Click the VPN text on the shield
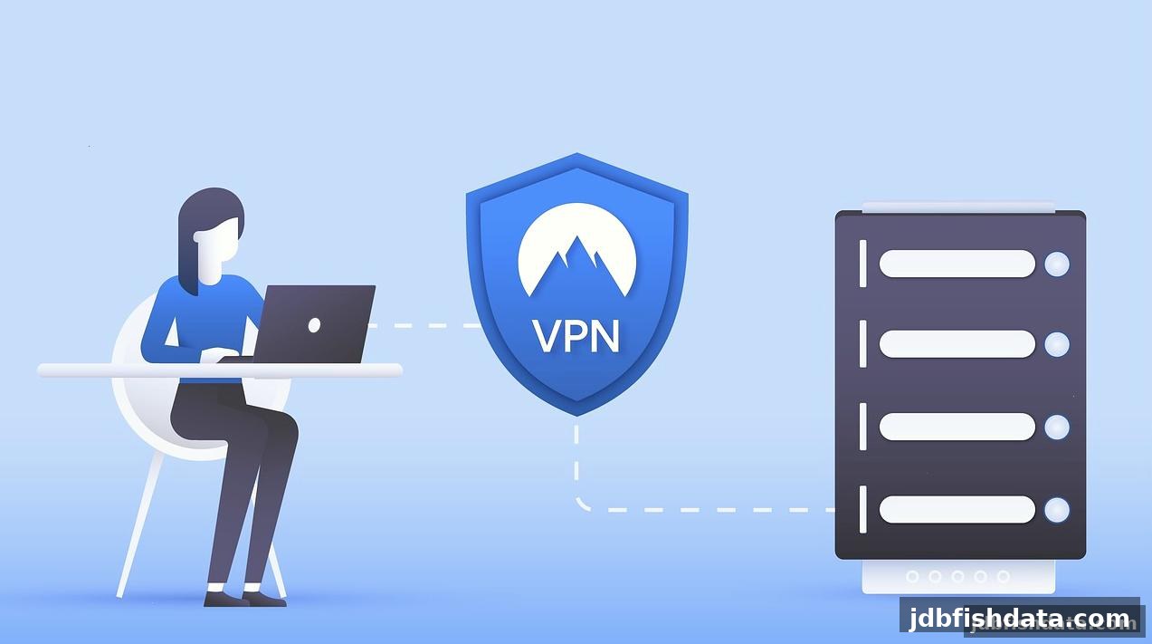click(576, 336)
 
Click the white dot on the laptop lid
click(314, 325)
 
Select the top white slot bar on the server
click(957, 264)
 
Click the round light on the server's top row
click(1057, 264)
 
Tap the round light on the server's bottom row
click(1057, 510)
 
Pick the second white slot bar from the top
click(957, 344)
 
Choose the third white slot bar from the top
click(957, 427)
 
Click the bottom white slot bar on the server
click(957, 510)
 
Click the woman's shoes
click(245, 599)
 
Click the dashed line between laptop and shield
click(424, 325)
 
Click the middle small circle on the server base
click(957, 577)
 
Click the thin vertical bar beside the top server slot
click(863, 263)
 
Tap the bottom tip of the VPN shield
click(576, 415)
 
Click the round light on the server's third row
click(1057, 428)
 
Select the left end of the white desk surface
click(40, 370)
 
